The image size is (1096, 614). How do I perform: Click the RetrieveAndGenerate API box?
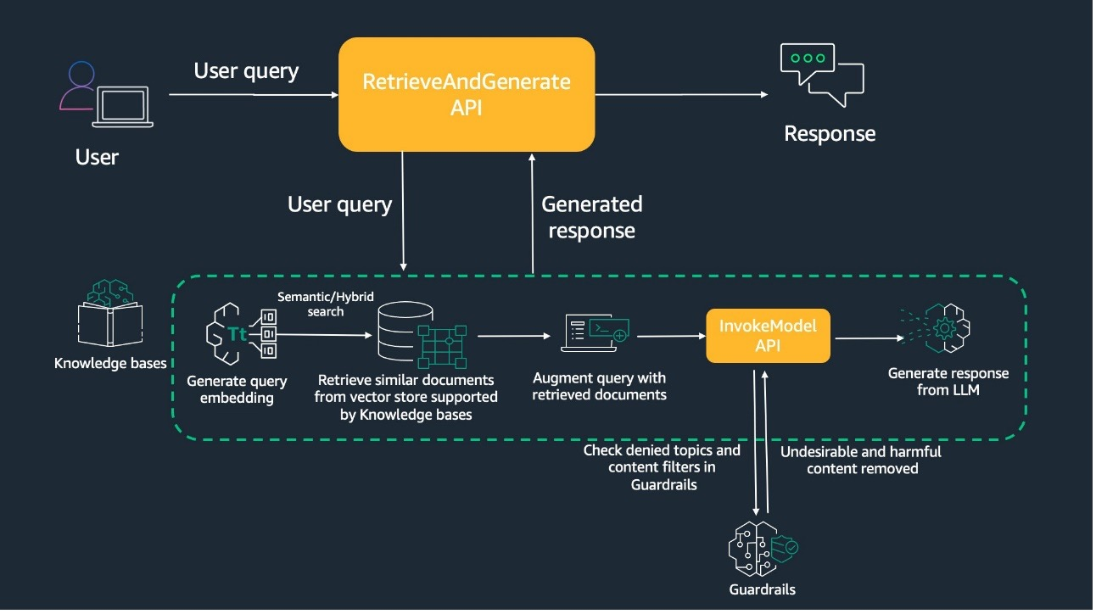[466, 94]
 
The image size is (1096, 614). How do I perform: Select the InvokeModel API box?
[769, 337]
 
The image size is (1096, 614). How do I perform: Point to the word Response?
[829, 133]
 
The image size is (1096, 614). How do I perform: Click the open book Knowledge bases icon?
[109, 315]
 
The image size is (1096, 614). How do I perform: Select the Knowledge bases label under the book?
[110, 364]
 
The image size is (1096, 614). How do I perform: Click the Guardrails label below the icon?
[763, 589]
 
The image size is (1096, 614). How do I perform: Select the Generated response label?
[592, 217]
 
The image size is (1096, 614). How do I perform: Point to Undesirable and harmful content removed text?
[861, 460]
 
